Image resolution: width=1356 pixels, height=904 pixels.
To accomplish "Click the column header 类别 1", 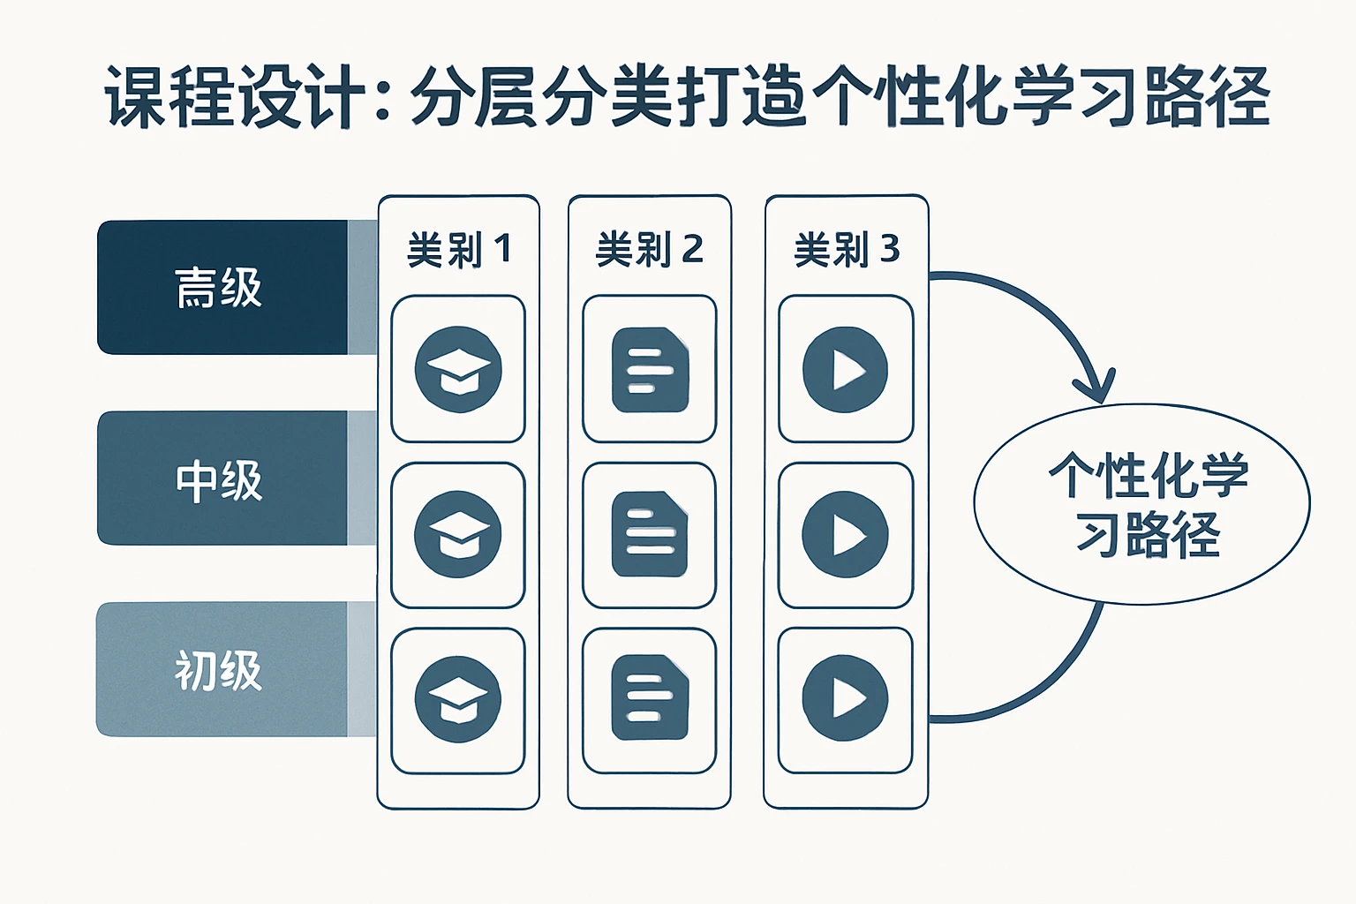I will tap(458, 250).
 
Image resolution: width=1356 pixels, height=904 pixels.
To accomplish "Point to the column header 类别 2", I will tap(650, 250).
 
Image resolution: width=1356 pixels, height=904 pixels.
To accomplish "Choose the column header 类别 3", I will tap(847, 250).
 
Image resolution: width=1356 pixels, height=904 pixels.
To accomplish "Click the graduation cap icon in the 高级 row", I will tap(458, 369).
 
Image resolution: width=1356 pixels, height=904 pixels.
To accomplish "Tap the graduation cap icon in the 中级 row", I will tap(458, 535).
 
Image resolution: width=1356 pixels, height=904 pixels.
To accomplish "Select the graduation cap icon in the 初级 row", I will tap(458, 700).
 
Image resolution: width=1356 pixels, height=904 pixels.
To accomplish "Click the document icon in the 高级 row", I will tap(650, 369).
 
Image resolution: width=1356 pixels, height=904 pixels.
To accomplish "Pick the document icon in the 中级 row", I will tap(650, 535).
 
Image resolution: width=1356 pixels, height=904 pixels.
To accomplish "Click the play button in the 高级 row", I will tap(845, 369).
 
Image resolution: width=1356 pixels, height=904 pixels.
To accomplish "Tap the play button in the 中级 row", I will tap(845, 535).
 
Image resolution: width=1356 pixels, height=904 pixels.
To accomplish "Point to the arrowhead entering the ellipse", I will tap(1095, 388).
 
